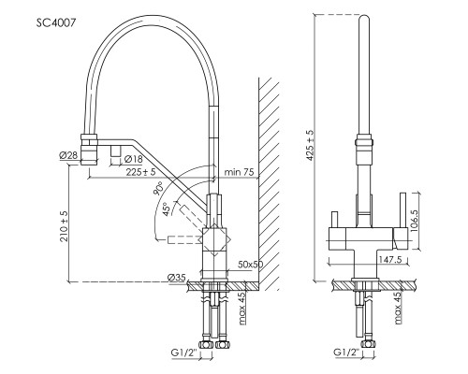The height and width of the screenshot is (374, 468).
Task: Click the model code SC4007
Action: click(x=56, y=22)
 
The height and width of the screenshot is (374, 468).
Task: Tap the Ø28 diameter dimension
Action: click(x=68, y=155)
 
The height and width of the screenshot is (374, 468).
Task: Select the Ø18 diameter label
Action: click(x=133, y=159)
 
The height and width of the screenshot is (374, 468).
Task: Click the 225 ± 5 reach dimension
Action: click(x=140, y=172)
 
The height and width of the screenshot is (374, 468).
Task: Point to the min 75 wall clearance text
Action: click(x=240, y=172)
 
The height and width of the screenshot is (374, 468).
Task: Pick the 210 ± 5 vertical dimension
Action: click(x=65, y=226)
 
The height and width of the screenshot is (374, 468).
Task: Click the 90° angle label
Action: click(x=159, y=188)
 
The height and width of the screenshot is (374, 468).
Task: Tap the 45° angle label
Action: click(x=166, y=209)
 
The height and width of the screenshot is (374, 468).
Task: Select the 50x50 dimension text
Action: click(x=250, y=265)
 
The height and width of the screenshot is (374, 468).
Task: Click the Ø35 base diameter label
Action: click(x=177, y=277)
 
